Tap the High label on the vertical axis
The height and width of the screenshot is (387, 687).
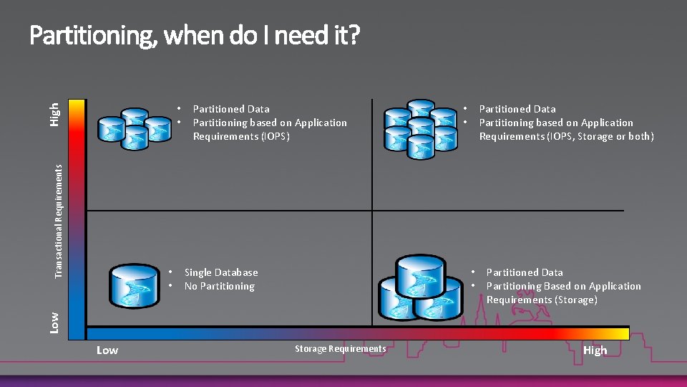(55, 114)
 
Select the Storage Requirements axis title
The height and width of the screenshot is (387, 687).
(340, 349)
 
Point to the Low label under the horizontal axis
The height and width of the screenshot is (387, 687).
(107, 350)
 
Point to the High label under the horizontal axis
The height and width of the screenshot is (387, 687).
(595, 350)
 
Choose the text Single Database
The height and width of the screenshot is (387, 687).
(221, 272)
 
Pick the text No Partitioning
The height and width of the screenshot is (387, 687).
(219, 286)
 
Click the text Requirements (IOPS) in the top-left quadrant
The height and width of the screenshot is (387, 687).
(241, 136)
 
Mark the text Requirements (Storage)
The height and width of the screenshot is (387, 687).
(542, 300)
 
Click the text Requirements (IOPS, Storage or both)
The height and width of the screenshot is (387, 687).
(566, 136)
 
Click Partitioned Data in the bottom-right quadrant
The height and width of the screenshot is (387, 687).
(525, 272)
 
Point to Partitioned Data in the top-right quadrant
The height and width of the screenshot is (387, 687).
(517, 109)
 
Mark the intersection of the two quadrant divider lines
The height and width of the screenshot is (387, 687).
(372, 210)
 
